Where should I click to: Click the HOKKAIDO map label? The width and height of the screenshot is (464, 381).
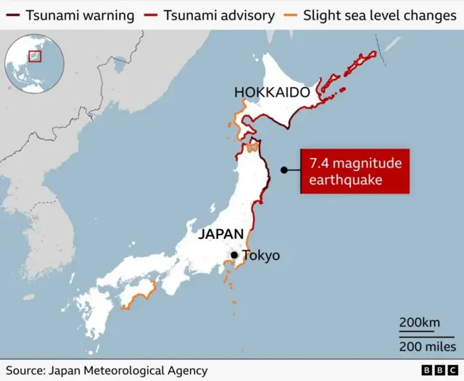coord(272,92)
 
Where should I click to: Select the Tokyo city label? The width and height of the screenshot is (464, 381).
coord(261,256)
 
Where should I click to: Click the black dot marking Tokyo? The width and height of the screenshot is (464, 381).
coord(234,255)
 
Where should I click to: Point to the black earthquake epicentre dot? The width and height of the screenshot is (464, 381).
coord(284,171)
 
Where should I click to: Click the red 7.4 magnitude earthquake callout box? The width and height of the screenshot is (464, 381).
coord(355,172)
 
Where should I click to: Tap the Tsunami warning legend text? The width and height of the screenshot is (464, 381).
coord(80,15)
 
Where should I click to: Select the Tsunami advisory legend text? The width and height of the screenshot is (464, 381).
coord(219,15)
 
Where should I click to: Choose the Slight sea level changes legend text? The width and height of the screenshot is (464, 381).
coord(379,15)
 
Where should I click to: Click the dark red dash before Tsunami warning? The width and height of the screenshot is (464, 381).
coord(12,15)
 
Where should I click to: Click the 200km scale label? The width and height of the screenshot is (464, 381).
coord(420,322)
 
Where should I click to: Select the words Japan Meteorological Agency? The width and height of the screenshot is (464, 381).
coord(128,370)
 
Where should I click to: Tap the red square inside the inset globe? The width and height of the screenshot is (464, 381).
coord(34,55)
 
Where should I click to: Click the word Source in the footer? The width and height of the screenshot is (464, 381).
coord(25,370)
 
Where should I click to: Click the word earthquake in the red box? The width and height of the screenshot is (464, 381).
coord(345,180)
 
